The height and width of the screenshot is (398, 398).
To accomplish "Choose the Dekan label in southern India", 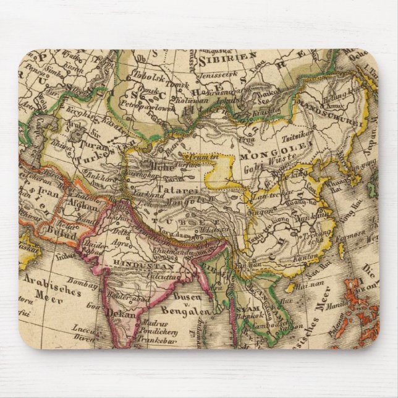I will [x=121, y=313].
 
